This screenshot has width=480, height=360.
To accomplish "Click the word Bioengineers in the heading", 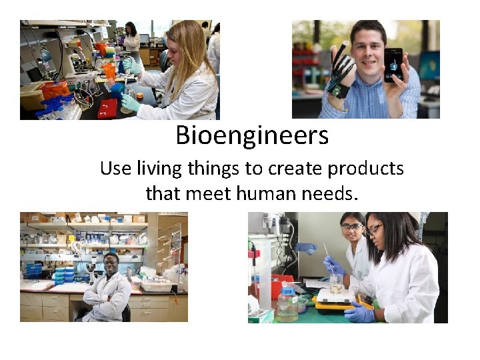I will click(x=252, y=135).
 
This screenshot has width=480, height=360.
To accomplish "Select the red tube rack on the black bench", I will click(x=107, y=108).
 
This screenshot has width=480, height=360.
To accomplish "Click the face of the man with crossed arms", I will click(x=111, y=263).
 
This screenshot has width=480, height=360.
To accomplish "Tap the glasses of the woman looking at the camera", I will click(x=351, y=227).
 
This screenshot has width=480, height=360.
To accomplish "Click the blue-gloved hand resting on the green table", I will click(x=359, y=313).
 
